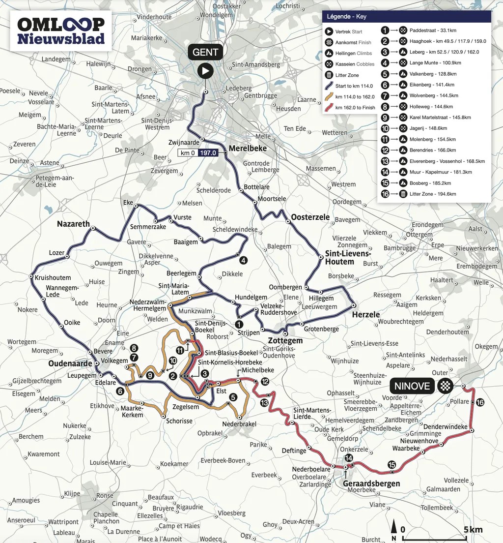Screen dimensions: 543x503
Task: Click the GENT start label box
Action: (x=205, y=52)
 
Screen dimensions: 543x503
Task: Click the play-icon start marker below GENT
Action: (x=205, y=71)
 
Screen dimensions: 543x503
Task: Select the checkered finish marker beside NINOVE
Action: (x=445, y=386)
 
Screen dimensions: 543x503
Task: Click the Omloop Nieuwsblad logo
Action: (x=61, y=30)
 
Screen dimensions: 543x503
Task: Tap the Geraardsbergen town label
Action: (x=369, y=483)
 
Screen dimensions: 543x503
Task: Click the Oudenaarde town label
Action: (x=70, y=363)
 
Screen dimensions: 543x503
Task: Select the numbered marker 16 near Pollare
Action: (x=480, y=402)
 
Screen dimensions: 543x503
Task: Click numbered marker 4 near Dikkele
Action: (x=244, y=260)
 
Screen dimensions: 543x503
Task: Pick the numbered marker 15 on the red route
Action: (x=391, y=464)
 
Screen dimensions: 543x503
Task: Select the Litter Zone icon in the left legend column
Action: (x=329, y=75)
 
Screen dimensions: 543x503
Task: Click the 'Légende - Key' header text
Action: (x=346, y=17)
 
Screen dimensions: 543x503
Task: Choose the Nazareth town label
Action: (x=73, y=224)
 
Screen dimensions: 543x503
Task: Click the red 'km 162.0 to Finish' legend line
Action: (x=329, y=107)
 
